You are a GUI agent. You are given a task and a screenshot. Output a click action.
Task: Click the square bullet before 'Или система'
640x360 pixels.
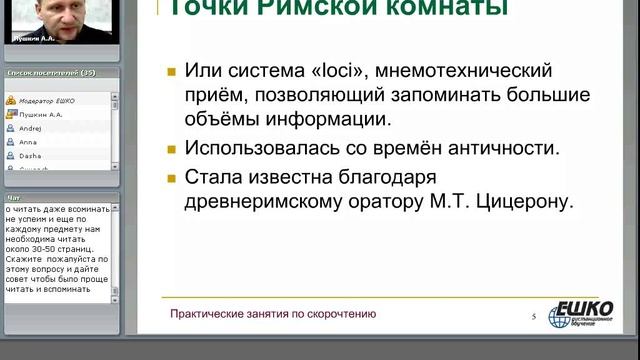[172, 74]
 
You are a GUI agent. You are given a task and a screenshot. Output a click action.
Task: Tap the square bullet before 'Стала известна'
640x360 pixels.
[172, 176]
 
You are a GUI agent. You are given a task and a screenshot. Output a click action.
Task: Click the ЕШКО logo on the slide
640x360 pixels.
[584, 312]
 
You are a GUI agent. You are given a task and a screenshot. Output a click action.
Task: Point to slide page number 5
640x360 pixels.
[534, 317]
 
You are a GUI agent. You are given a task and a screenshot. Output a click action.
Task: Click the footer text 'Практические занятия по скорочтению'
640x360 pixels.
[273, 314]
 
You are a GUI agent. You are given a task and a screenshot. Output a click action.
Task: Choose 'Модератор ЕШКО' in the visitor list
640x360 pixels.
[46, 101]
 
